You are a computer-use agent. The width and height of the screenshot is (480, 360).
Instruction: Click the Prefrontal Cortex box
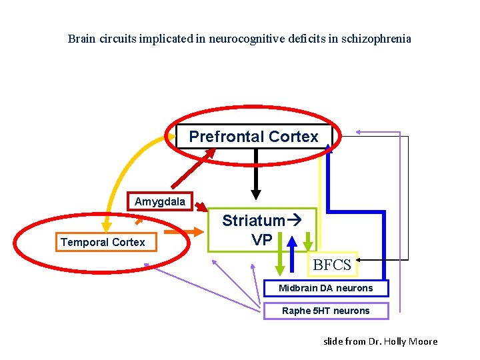click(x=254, y=137)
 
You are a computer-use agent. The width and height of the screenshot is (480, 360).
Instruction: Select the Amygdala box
click(x=159, y=201)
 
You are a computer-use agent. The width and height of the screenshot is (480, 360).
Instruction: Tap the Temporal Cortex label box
click(x=103, y=242)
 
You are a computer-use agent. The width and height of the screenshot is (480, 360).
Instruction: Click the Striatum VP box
click(x=261, y=230)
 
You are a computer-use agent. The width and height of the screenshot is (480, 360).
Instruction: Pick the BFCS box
click(x=332, y=265)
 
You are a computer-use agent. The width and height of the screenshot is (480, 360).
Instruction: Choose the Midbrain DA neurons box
click(x=326, y=288)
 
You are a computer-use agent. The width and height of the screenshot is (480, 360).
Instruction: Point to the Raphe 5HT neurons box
click(x=325, y=311)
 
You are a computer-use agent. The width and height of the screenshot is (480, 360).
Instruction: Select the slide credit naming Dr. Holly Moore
click(x=380, y=341)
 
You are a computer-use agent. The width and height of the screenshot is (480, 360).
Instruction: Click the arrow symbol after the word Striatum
click(x=293, y=219)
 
